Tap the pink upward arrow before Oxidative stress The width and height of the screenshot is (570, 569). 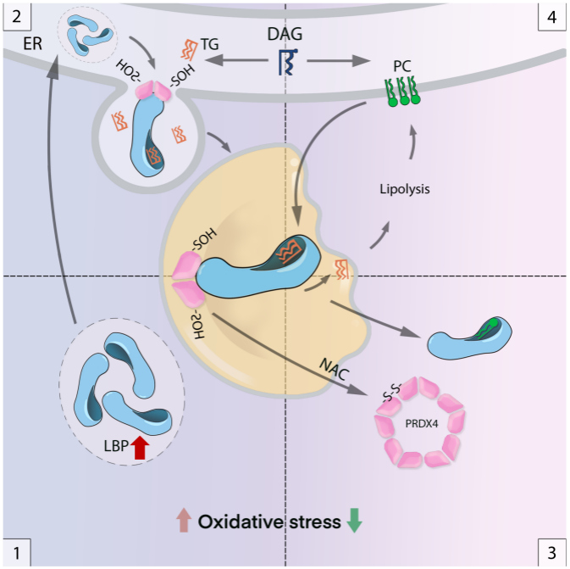[182, 522]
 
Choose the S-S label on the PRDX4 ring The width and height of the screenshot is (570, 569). [388, 391]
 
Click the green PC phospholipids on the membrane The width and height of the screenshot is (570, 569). [403, 91]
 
